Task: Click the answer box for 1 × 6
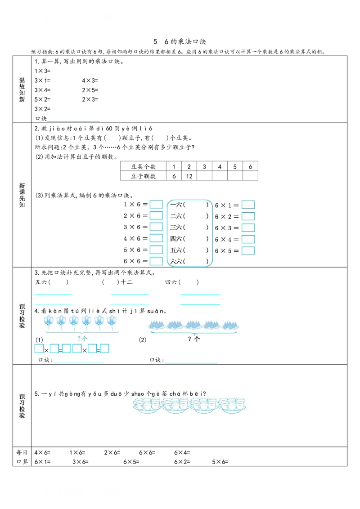tap(156, 204)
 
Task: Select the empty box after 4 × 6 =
tap(156, 238)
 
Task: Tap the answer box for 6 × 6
tap(156, 261)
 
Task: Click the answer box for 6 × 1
tap(248, 205)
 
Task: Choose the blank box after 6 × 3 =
tap(248, 228)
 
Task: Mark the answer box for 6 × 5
tap(248, 250)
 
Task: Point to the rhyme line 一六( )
tap(189, 205)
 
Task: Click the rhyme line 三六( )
tap(189, 228)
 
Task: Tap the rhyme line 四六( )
tap(189, 239)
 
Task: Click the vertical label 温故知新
tap(22, 90)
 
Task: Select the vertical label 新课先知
tap(22, 195)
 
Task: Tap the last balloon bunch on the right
tap(112, 321)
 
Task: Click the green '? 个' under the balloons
tap(82, 339)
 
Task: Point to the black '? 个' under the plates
tap(194, 339)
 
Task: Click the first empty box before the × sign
tap(39, 348)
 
